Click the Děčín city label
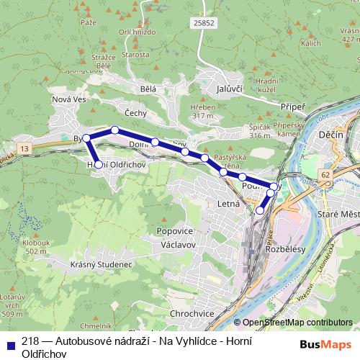(332, 135)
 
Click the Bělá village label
(149, 89)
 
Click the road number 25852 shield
(204, 24)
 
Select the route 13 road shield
(26, 148)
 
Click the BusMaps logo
(325, 344)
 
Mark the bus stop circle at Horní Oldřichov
(99, 165)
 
